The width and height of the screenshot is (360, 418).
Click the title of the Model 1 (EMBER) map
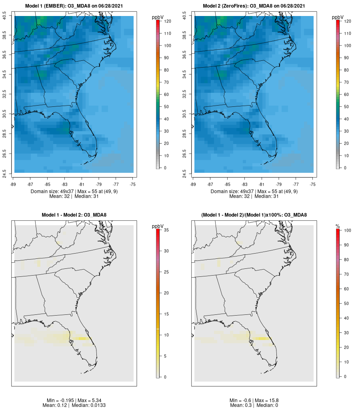pos(74,6)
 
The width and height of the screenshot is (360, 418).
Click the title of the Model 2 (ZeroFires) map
pos(254,6)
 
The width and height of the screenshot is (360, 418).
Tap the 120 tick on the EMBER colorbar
pos(167,21)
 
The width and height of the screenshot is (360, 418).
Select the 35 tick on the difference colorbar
pos(167,230)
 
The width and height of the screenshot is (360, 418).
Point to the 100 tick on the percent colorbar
pos(347,230)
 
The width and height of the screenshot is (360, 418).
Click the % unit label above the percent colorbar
pos(338,226)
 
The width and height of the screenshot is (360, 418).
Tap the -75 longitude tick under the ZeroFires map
pos(313,184)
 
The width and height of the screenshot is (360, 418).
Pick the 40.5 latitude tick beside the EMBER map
pos(4,16)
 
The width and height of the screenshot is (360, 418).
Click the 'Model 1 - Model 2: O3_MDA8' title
pos(74,215)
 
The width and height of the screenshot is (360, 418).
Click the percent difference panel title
pos(254,215)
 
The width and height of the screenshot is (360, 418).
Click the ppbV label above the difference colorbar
pos(158,226)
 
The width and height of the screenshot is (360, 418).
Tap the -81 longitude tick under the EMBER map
pos(82,184)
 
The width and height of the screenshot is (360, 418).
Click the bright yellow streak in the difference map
pos(82,338)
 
